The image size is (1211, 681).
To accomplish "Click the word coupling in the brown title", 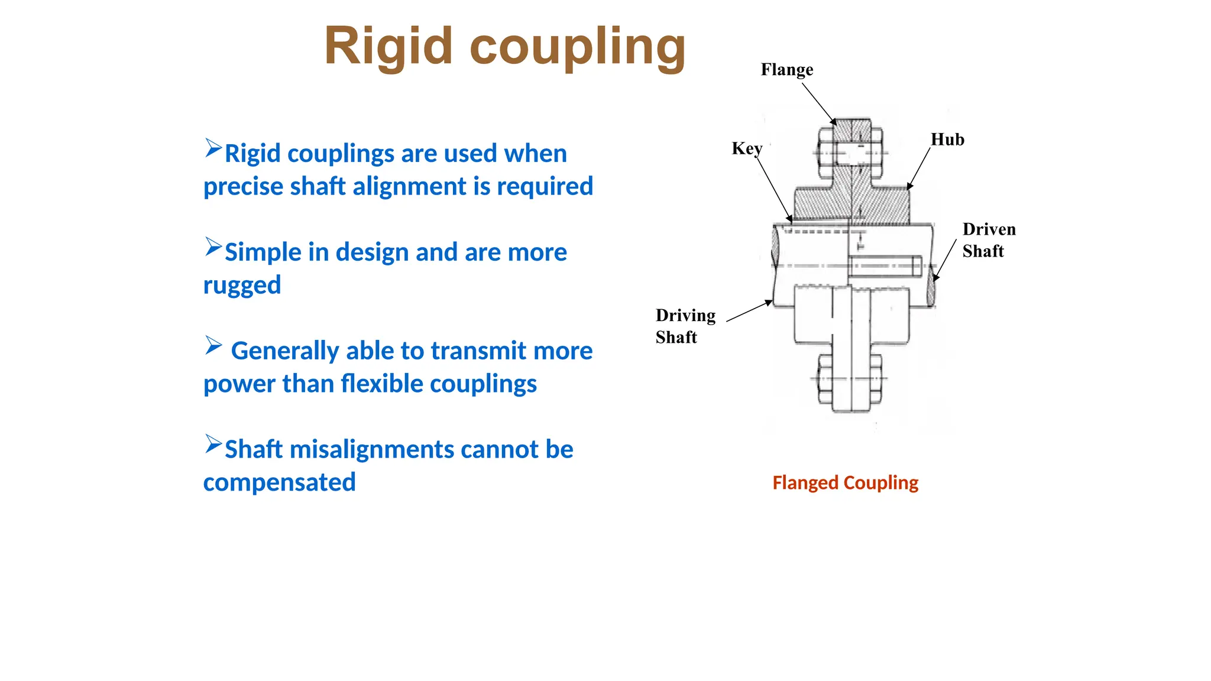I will click(x=578, y=47).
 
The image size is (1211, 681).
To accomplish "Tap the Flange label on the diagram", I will click(x=786, y=70).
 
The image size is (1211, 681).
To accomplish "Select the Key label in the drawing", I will click(x=746, y=148).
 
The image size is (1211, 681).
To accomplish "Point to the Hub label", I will click(x=947, y=140).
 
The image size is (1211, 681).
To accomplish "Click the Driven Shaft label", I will click(x=988, y=240).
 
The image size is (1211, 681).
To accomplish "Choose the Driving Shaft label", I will click(x=685, y=326).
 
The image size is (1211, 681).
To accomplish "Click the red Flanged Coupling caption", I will click(x=845, y=482).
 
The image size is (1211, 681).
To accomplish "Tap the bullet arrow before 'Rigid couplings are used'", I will click(x=213, y=148).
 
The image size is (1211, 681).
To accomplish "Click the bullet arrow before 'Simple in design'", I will click(x=213, y=247).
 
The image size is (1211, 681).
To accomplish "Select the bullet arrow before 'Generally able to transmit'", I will click(x=213, y=345).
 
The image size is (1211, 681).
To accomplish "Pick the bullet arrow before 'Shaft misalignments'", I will click(x=213, y=444).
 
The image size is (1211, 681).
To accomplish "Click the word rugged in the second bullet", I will click(x=242, y=285).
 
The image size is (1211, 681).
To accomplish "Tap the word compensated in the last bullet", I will click(x=279, y=482).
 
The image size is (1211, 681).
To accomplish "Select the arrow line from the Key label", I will click(x=773, y=188).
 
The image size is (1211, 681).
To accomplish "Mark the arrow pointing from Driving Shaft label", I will click(x=749, y=311).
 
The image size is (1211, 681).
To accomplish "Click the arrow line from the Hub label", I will click(x=919, y=168).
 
